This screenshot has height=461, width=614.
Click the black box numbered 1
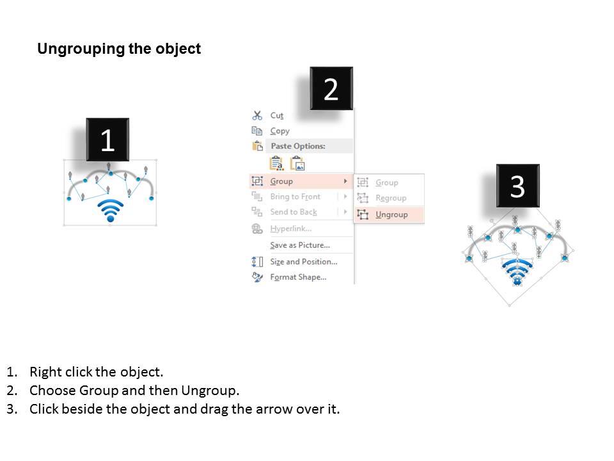click(x=107, y=140)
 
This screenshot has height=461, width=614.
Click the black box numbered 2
click(x=331, y=89)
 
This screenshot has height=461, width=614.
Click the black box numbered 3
click(x=517, y=186)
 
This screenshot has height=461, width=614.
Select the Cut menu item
click(x=277, y=115)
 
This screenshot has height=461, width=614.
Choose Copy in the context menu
click(x=279, y=131)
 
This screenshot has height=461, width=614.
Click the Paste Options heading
click(x=298, y=146)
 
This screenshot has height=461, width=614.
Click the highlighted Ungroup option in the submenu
click(x=391, y=214)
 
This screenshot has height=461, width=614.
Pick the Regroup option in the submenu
click(x=391, y=198)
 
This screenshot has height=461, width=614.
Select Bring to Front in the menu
click(x=295, y=197)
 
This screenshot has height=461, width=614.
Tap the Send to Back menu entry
click(x=293, y=212)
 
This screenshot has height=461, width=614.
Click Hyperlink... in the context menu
click(x=290, y=229)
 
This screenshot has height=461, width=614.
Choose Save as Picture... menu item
click(x=299, y=245)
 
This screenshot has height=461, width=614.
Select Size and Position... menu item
click(x=303, y=261)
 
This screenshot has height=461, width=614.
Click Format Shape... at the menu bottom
click(x=298, y=277)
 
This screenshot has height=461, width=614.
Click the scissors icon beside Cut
click(x=257, y=115)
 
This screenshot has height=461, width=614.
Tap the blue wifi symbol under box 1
click(x=110, y=211)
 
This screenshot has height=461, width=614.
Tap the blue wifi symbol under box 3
click(x=517, y=272)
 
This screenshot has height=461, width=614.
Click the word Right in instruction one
click(x=45, y=372)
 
